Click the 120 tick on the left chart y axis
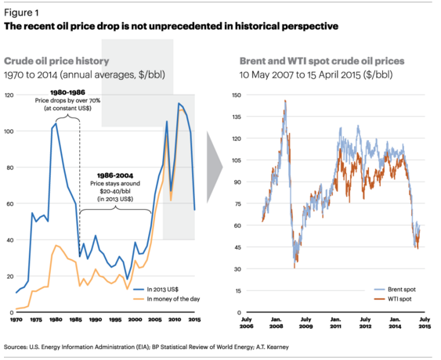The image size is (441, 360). point(8,95)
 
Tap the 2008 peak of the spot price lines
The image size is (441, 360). point(285,101)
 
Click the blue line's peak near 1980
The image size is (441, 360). point(56,124)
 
